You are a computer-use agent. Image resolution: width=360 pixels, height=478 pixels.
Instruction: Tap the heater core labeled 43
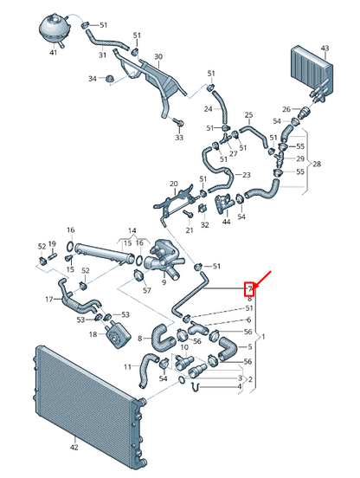coord(312,70)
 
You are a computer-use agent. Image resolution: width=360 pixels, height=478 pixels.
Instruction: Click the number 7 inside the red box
coord(250,288)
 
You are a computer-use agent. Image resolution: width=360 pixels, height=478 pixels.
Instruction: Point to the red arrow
coord(262,279)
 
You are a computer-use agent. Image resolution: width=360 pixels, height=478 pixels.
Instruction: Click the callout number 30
coord(158,56)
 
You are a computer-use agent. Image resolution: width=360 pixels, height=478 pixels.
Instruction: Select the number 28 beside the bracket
coord(317,164)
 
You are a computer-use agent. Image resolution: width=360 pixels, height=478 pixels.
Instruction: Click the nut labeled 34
coord(109,79)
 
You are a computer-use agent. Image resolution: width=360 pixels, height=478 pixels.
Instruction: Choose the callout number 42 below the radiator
coord(74,447)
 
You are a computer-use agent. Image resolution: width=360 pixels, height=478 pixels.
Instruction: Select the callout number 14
coord(132,230)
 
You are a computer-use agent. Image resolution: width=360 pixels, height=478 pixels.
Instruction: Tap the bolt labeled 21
coord(188,214)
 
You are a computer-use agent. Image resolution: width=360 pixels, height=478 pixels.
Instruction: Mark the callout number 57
coord(147,290)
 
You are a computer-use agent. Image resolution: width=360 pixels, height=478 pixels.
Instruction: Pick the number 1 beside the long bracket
coord(263,337)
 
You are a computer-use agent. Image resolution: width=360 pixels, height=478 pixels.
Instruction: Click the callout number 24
coord(208,109)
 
